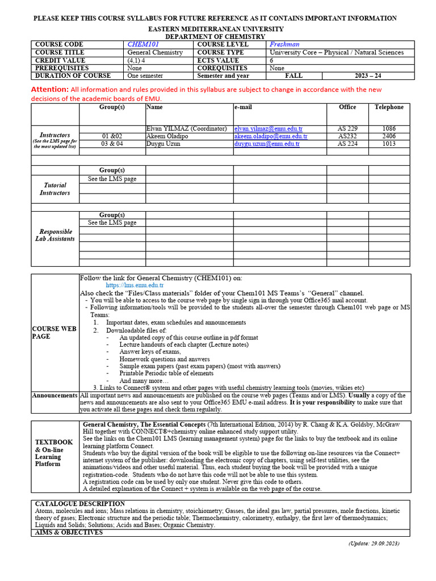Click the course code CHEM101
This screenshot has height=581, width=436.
(x=143, y=44)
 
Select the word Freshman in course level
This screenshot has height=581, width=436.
(x=284, y=44)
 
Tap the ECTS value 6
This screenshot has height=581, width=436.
(x=272, y=60)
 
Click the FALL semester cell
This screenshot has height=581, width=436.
(x=294, y=75)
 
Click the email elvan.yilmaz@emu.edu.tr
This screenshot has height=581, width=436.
(x=267, y=129)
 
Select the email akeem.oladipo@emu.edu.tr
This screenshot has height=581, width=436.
(x=271, y=136)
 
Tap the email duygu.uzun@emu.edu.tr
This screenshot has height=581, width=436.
(x=267, y=144)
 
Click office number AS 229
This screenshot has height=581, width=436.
(x=347, y=129)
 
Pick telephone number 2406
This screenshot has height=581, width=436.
(x=389, y=136)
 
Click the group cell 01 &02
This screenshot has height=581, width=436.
(x=112, y=136)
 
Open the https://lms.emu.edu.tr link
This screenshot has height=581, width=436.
(x=135, y=285)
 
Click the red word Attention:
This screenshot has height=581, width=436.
(x=49, y=90)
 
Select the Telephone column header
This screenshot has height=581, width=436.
(x=389, y=107)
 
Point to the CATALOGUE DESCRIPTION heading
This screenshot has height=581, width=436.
(x=79, y=504)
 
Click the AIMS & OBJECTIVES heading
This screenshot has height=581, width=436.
(x=69, y=532)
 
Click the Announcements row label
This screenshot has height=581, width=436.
(x=54, y=395)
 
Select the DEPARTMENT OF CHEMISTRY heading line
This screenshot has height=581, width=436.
(x=216, y=36)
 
